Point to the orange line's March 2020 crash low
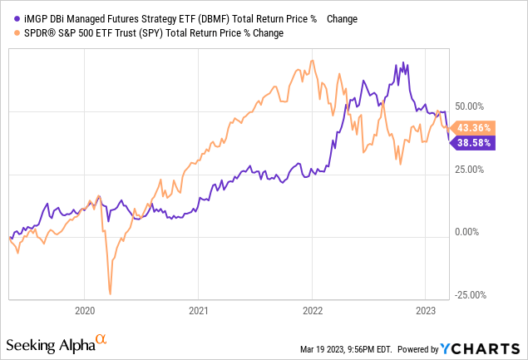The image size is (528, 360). click(111, 293)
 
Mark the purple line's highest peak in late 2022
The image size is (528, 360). click(404, 63)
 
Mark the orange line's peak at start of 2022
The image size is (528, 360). click(312, 60)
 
